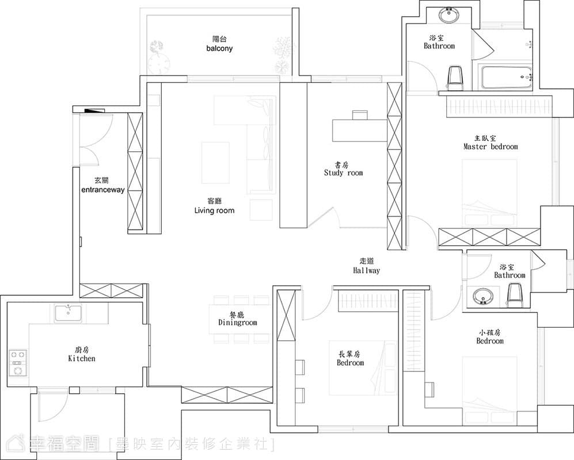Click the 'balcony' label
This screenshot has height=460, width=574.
tap(219, 48)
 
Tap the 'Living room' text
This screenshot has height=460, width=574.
tap(214, 210)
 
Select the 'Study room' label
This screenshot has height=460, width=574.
tap(343, 173)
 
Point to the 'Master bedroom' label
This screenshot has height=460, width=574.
tap(491, 147)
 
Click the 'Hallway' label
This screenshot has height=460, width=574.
tap(366, 270)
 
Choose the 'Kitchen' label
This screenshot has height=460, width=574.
tap(82, 358)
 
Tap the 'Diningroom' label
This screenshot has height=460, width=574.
tap(238, 323)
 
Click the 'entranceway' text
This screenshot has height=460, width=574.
tap(103, 190)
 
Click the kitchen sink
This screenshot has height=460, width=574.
tap(69, 315)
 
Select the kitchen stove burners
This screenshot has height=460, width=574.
tap(18, 363)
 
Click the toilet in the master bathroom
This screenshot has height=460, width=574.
tap(455, 78)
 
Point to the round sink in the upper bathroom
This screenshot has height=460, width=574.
tap(448, 15)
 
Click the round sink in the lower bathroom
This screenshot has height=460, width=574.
tap(482, 297)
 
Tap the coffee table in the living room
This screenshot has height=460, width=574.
tap(216, 163)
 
